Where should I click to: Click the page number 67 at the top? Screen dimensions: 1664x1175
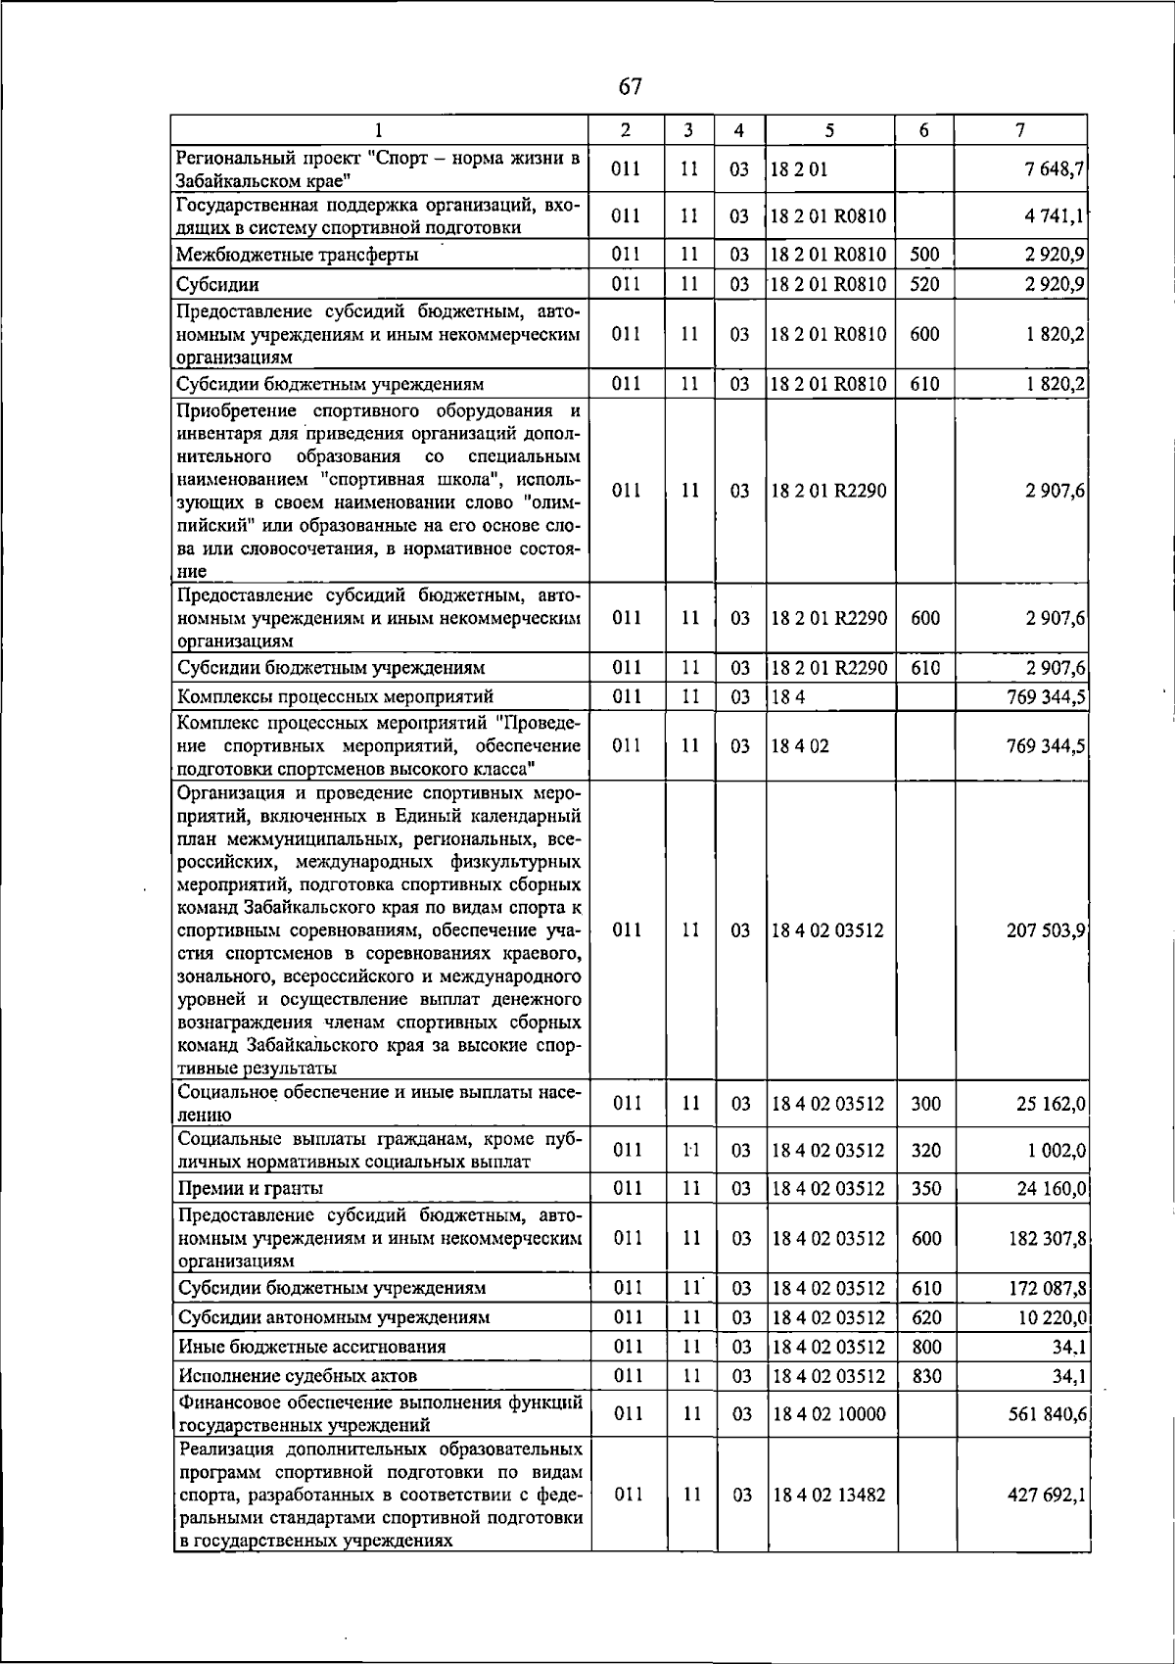[x=630, y=87]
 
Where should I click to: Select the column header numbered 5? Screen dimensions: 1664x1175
[x=829, y=129]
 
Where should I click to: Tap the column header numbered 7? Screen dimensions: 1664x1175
[x=1020, y=129]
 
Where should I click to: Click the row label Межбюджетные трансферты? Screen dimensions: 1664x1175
[x=298, y=256]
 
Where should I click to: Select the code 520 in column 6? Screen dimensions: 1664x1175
[x=924, y=285]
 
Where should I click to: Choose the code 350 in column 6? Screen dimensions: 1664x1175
[x=925, y=1189]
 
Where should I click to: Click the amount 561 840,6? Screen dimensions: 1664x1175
[x=1046, y=1414]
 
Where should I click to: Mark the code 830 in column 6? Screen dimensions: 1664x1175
[x=925, y=1376]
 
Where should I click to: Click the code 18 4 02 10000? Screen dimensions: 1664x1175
[x=828, y=1414]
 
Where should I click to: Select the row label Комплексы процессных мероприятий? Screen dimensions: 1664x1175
[x=334, y=696]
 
